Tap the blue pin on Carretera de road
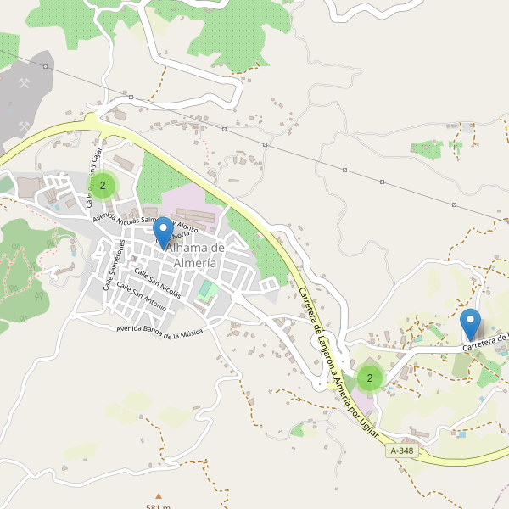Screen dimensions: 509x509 tap(470, 324)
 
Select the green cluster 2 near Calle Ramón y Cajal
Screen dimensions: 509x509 tap(103, 185)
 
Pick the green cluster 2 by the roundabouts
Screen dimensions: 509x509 tap(369, 378)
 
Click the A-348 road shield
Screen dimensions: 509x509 tap(402, 450)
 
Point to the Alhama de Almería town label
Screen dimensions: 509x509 tap(195, 255)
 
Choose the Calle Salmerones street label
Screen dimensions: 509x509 tap(114, 264)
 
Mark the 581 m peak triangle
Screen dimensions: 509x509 tap(157, 495)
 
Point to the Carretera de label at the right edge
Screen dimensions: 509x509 tap(485, 343)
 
